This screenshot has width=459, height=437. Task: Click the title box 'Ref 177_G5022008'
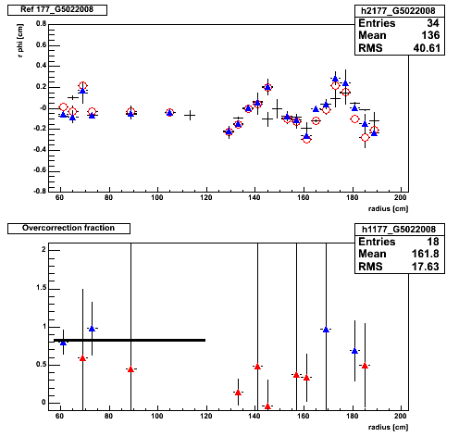pyautogui.click(x=57, y=10)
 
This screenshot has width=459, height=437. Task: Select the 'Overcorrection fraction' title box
pyautogui.click(x=68, y=229)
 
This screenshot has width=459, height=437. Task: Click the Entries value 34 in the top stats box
pyautogui.click(x=433, y=23)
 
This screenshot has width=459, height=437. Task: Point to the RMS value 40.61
pyautogui.click(x=427, y=48)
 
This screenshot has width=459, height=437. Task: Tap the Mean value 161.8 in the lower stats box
pyautogui.click(x=425, y=254)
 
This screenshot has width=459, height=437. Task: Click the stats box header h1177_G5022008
pyautogui.click(x=399, y=230)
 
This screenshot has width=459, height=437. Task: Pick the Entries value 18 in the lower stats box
pyautogui.click(x=433, y=242)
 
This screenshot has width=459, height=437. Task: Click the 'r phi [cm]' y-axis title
pyautogui.click(x=20, y=41)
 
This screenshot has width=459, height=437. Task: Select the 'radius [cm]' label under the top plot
pyautogui.click(x=388, y=209)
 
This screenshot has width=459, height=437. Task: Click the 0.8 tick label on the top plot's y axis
pyautogui.click(x=41, y=24)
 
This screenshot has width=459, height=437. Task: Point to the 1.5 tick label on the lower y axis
pyautogui.click(x=41, y=288)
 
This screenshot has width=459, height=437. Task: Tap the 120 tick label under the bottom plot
pyautogui.click(x=205, y=416)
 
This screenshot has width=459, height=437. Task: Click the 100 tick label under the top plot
pyautogui.click(x=157, y=197)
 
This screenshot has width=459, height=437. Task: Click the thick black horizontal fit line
pyautogui.click(x=130, y=340)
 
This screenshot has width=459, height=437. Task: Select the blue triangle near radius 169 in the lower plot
pyautogui.click(x=326, y=330)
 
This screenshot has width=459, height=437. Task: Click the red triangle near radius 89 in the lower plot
pyautogui.click(x=130, y=369)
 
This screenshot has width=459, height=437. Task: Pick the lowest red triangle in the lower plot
pyautogui.click(x=267, y=406)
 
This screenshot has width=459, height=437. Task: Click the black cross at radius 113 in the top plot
pyautogui.click(x=190, y=116)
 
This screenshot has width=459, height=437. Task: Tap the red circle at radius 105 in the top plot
pyautogui.click(x=169, y=112)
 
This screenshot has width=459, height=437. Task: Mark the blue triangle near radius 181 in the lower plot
pyautogui.click(x=354, y=351)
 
